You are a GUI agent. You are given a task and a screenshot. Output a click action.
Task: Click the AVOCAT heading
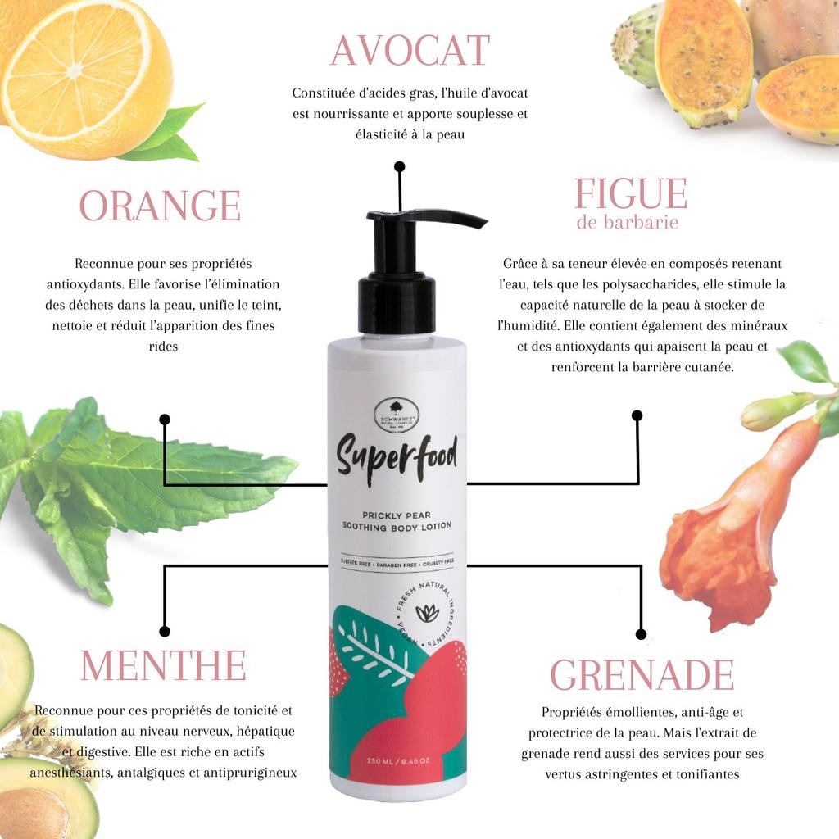(x=410, y=51)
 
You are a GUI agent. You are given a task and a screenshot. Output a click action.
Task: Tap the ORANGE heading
(x=160, y=206)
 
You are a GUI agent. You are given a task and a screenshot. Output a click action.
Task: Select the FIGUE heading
(x=630, y=194)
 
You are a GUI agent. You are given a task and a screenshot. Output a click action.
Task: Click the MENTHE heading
(x=163, y=665)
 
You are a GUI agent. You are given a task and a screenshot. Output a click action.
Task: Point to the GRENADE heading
(x=642, y=675)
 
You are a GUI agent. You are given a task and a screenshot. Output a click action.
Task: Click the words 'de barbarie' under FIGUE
(x=627, y=223)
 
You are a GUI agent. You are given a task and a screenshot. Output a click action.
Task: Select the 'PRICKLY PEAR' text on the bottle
(x=397, y=514)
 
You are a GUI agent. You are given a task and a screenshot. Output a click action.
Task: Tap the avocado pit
(x=33, y=811)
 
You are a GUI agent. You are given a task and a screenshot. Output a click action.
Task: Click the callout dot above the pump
(x=399, y=166)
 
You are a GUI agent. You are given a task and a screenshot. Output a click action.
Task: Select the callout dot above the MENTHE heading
(x=165, y=631)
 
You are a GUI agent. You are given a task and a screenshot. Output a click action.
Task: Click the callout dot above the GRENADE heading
(x=641, y=634)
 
